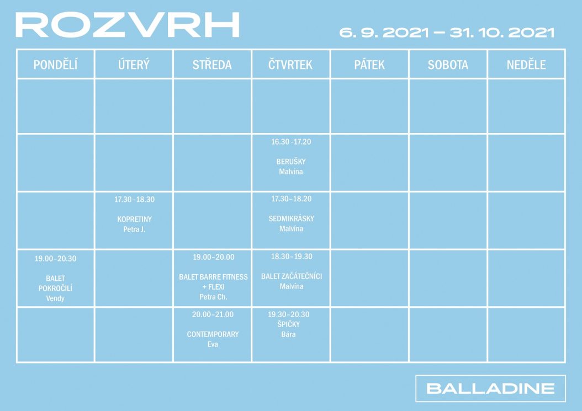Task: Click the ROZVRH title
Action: [x=128, y=25]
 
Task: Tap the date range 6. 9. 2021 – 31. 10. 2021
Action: [x=447, y=32]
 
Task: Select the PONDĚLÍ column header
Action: [x=55, y=65]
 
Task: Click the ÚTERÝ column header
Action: [x=134, y=65]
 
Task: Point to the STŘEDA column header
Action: [x=212, y=65]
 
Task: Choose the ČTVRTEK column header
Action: [x=290, y=65]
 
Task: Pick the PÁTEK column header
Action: [x=369, y=65]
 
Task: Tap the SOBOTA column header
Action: [x=448, y=65]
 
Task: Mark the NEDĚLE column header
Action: [x=526, y=65]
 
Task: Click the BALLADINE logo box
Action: [x=490, y=388]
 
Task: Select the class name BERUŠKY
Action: [x=291, y=161]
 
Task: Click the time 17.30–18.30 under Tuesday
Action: [x=134, y=199]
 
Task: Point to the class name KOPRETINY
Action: [x=134, y=219]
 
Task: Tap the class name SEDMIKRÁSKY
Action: [x=292, y=218]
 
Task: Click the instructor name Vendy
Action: [x=55, y=298]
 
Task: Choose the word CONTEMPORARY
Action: [x=213, y=334]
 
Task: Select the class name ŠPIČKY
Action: [x=288, y=324]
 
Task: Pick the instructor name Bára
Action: [x=288, y=334]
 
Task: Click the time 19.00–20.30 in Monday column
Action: [x=55, y=259]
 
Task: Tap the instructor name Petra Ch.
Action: [x=214, y=297]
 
